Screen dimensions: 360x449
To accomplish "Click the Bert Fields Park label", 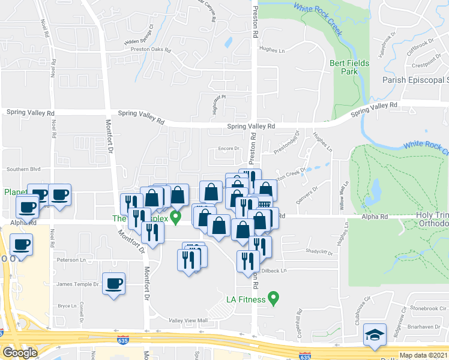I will point(349,67).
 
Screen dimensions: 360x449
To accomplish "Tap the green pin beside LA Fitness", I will point(274,297).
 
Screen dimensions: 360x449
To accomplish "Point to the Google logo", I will point(19,353).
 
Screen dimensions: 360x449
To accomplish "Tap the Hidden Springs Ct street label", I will point(139,35).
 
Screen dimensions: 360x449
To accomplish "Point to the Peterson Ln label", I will point(67,260).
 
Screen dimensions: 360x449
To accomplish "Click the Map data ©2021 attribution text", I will point(424,355).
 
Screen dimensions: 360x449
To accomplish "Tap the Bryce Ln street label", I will point(65,305).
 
